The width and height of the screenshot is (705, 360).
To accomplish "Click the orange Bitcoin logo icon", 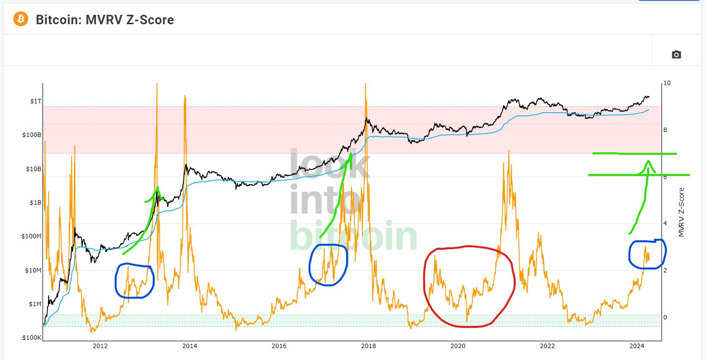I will point(21,20).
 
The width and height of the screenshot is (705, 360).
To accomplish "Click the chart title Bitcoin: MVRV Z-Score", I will point(105,20).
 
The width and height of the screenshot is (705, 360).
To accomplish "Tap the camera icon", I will point(676,54).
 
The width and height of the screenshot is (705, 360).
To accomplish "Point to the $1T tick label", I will point(36,101).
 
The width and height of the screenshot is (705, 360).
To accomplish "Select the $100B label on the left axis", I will point(32,135).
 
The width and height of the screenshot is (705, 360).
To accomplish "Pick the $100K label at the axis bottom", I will point(32,338).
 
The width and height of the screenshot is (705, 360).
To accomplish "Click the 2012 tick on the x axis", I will point(100,346).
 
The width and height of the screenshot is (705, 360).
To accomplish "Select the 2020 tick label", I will point(458,346).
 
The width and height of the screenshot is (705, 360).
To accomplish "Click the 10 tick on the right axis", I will point(667,83).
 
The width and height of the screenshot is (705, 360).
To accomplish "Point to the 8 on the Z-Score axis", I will point(665,130).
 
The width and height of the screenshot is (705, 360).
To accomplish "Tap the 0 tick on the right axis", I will point(665,317).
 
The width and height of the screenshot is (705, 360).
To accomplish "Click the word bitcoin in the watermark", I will point(353,237).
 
